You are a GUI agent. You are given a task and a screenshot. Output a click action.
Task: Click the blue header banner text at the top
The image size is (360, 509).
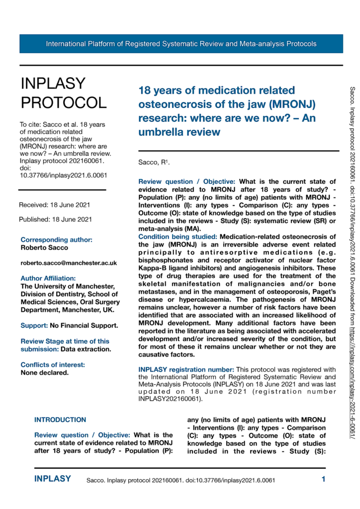tap(181, 44)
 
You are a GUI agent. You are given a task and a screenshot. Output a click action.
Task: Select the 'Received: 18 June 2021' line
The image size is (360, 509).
tap(55, 205)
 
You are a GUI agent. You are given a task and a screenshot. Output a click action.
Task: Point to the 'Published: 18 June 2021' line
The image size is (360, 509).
tap(55, 219)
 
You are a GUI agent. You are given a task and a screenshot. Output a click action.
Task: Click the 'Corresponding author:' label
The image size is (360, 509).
tap(57, 240)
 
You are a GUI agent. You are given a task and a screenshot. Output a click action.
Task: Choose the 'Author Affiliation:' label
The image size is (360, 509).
tap(48, 278)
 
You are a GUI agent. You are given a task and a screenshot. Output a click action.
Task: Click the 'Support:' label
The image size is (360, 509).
tap(33, 312)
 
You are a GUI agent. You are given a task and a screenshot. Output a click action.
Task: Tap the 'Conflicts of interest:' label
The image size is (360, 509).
tap(53, 351)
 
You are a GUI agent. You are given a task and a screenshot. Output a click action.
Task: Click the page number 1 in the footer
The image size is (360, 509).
tap(323, 480)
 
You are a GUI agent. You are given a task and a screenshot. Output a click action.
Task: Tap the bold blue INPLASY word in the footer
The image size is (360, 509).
tap(52, 479)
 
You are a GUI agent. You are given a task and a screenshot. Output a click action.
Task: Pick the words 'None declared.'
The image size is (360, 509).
tap(44, 358)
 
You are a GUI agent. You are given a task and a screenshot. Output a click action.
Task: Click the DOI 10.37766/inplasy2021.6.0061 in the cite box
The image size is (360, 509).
tap(63, 175)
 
